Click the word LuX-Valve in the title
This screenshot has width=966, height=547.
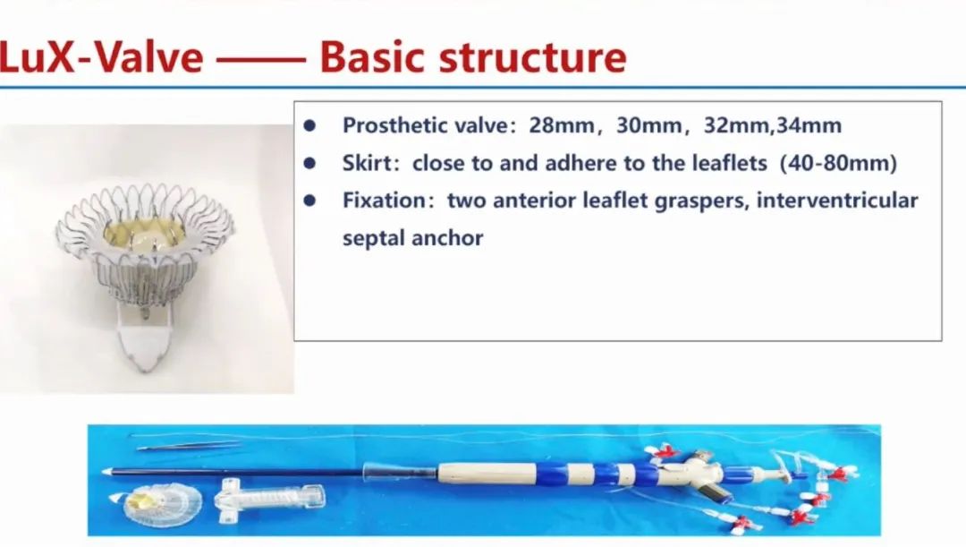point(101,56)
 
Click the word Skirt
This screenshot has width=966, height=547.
point(368,163)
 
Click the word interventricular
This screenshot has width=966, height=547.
point(837,201)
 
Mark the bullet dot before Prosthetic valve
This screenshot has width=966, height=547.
point(309,126)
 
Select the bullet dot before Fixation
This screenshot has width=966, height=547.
point(309,201)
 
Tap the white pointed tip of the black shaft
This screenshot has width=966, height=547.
point(106,472)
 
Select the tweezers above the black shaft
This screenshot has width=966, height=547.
point(188,445)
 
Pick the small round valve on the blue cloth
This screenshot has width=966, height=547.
point(162,503)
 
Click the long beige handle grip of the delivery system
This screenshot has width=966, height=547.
point(487,474)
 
